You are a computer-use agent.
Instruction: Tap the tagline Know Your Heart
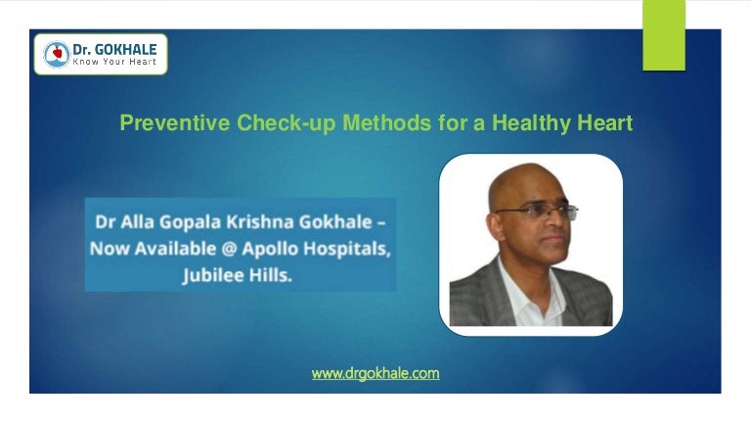click(x=114, y=62)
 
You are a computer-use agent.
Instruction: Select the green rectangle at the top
click(x=664, y=35)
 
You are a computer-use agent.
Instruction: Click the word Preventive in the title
click(x=175, y=122)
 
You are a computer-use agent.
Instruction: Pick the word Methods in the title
click(x=386, y=122)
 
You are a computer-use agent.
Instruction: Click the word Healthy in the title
click(x=531, y=123)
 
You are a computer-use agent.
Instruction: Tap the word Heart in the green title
click(x=605, y=122)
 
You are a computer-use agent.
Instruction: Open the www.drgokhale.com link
click(x=375, y=374)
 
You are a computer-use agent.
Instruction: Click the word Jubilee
click(x=210, y=276)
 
